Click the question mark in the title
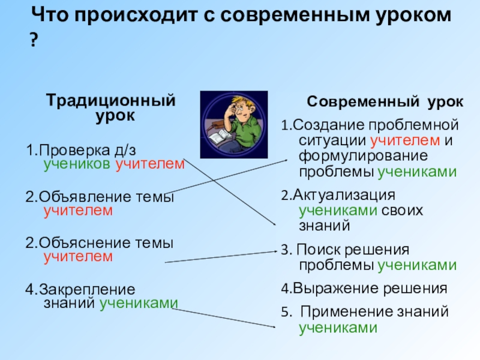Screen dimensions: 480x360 34,41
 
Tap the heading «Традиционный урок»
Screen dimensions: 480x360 112,107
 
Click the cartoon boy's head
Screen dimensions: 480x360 235,107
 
